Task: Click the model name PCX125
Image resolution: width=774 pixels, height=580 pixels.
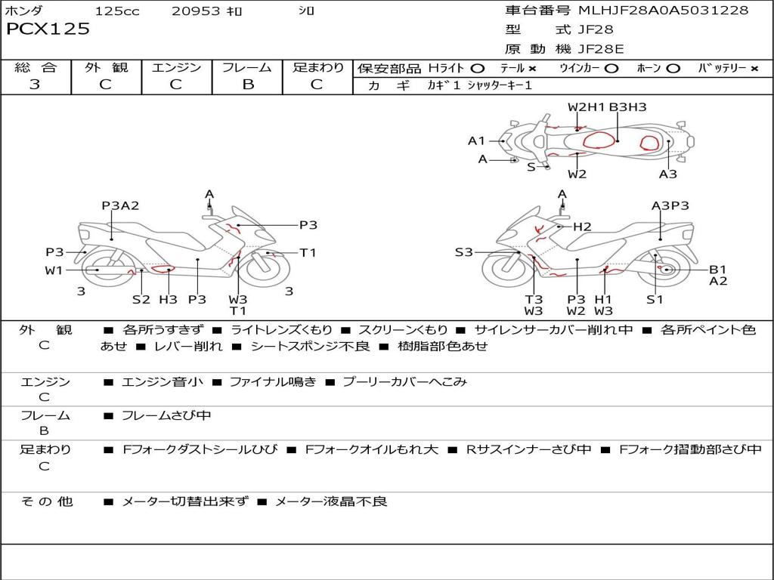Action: click(x=48, y=29)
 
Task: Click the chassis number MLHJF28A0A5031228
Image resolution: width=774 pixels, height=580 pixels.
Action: click(x=663, y=11)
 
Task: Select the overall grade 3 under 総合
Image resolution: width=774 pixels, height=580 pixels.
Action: click(x=35, y=85)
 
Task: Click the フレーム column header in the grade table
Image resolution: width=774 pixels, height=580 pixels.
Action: click(x=247, y=68)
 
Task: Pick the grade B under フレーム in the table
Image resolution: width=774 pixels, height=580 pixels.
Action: click(x=247, y=85)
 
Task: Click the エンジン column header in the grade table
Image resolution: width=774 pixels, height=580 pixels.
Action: click(x=176, y=68)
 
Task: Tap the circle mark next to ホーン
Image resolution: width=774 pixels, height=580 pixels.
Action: click(x=673, y=69)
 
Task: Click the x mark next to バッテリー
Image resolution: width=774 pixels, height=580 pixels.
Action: click(x=754, y=69)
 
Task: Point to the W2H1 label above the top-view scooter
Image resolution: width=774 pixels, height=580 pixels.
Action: click(x=587, y=107)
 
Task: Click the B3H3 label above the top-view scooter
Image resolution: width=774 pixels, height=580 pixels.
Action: click(x=627, y=107)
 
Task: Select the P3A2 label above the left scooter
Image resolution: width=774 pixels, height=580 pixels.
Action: click(x=121, y=205)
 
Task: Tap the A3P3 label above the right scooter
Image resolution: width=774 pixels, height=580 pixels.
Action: click(x=670, y=205)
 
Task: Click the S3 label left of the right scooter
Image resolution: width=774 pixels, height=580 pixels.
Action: click(x=463, y=252)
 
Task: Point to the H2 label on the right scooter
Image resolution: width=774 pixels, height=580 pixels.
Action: click(x=581, y=227)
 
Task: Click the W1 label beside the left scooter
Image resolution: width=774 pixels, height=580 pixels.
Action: click(x=54, y=270)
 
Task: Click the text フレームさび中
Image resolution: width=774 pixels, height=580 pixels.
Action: click(x=166, y=415)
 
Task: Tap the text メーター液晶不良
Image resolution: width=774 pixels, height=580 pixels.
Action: click(x=330, y=501)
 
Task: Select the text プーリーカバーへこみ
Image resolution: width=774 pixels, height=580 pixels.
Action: click(x=404, y=381)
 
